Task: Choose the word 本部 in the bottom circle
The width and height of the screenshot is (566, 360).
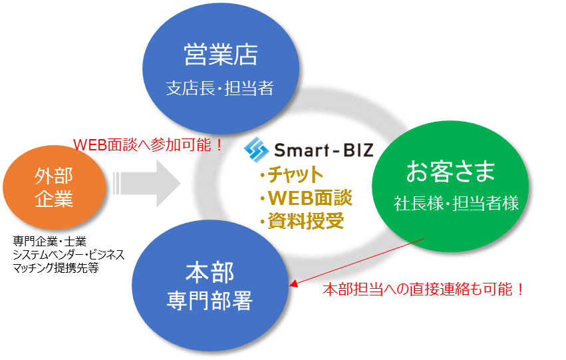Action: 209,273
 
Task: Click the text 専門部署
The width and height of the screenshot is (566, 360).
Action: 209,302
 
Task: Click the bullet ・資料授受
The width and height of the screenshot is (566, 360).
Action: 301,220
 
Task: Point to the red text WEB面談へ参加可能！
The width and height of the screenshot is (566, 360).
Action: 148,144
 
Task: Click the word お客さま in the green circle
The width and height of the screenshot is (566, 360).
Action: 450,173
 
